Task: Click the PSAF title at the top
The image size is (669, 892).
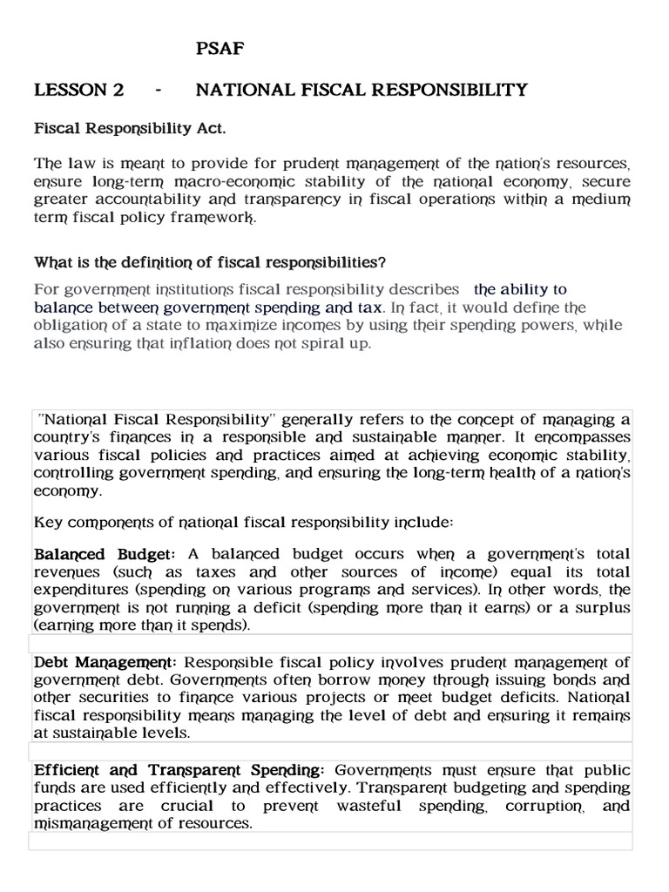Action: (x=220, y=50)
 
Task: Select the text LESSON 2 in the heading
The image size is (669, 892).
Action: (x=78, y=90)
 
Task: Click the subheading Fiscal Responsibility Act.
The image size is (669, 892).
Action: (x=130, y=128)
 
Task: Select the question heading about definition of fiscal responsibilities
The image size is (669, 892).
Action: (x=210, y=262)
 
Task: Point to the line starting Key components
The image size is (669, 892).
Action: (x=243, y=523)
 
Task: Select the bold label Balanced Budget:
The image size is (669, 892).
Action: (x=105, y=554)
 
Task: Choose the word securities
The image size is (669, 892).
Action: (x=111, y=699)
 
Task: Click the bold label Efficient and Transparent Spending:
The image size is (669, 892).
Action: (x=179, y=771)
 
